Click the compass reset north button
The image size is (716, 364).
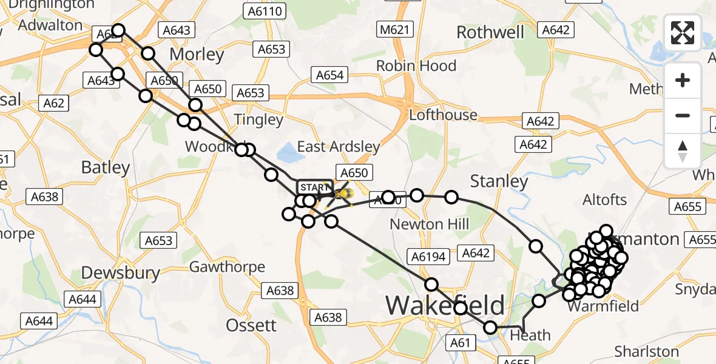click(x=683, y=150)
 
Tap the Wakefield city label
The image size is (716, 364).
click(x=445, y=305)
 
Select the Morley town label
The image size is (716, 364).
click(x=197, y=55)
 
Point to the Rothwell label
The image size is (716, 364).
click(x=490, y=32)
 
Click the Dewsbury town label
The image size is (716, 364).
click(x=120, y=273)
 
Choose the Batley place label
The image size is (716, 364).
click(x=106, y=167)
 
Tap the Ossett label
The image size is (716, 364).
click(x=252, y=325)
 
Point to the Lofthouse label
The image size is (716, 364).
click(x=444, y=115)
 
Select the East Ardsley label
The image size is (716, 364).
click(x=338, y=146)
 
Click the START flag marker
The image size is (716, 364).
click(x=314, y=187)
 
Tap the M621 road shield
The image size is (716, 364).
click(x=395, y=30)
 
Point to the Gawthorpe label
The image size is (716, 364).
click(x=227, y=267)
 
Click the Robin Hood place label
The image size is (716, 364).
click(x=416, y=66)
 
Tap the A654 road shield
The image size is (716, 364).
click(x=329, y=75)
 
